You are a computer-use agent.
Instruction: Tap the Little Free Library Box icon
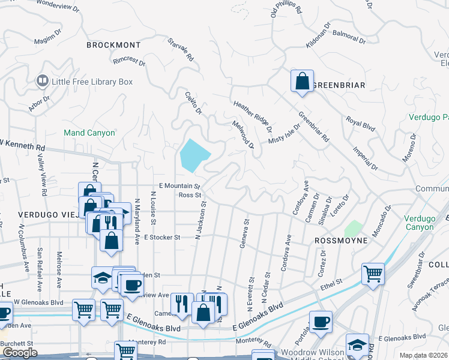pos(43,80)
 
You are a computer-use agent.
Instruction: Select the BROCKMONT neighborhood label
pos(113,45)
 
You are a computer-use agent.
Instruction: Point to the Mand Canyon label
pos(89,133)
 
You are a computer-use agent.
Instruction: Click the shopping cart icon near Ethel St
pos(373,275)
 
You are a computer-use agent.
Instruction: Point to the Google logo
pos(20,352)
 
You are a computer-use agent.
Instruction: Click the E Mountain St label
pos(179,186)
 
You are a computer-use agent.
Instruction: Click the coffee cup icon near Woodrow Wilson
pos(321,322)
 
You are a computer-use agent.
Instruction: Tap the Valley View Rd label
pos(43,175)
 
